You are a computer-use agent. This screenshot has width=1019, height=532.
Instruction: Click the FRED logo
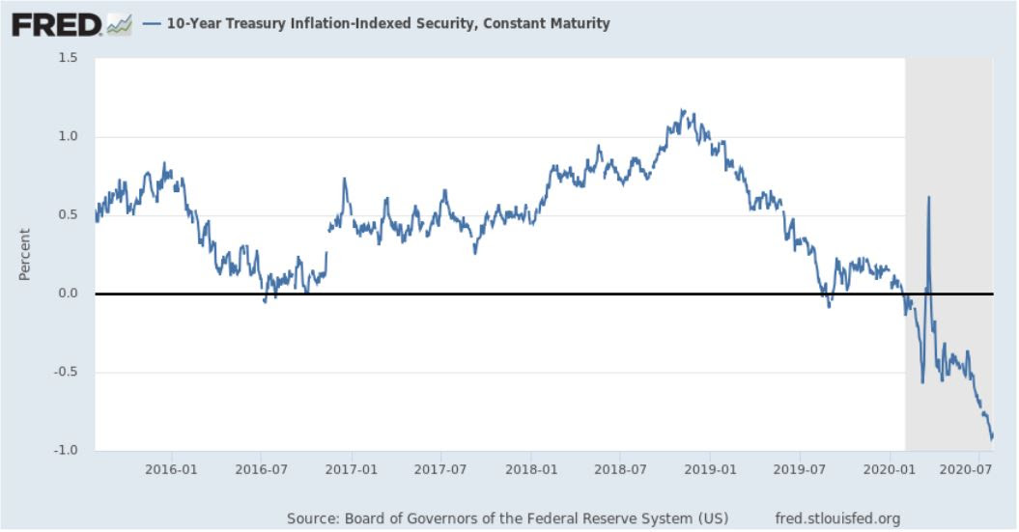point(57,23)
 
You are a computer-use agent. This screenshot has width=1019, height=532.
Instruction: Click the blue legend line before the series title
point(151,23)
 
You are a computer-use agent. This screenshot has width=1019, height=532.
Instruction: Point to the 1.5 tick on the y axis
point(67,58)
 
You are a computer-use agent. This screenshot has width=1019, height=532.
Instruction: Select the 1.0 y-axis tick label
point(67,136)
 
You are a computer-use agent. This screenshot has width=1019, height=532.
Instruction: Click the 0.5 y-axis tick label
point(67,214)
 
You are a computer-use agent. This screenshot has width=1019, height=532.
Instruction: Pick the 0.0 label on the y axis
point(67,294)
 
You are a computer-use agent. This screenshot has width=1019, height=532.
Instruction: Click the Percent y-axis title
point(24,254)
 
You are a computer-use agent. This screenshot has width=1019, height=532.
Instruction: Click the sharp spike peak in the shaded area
point(928,197)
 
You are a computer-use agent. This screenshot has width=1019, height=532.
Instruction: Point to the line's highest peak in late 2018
point(682,110)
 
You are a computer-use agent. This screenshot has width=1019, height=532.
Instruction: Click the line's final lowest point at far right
point(991,440)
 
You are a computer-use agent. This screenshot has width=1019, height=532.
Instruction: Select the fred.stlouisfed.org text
point(836,518)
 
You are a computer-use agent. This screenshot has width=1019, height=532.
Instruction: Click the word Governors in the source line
point(437,518)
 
